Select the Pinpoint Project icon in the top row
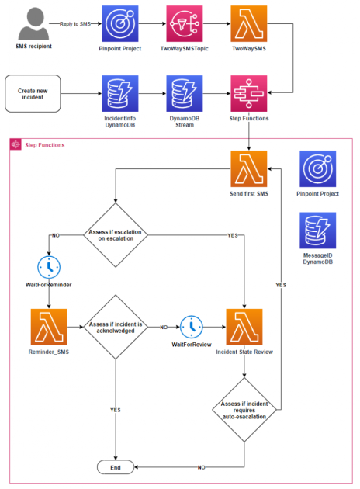click(120, 23)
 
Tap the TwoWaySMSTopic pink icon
click(184, 23)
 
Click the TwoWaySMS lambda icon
click(248, 23)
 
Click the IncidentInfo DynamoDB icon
click(120, 93)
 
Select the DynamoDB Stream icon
click(184, 93)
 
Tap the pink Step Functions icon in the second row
click(248, 93)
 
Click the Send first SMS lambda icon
click(248, 168)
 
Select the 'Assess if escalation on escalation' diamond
click(115, 233)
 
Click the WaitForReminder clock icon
click(49, 266)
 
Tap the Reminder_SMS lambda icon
click(49, 327)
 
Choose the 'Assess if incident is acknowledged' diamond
click(115, 327)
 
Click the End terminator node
click(115, 467)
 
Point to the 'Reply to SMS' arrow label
click(74, 24)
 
